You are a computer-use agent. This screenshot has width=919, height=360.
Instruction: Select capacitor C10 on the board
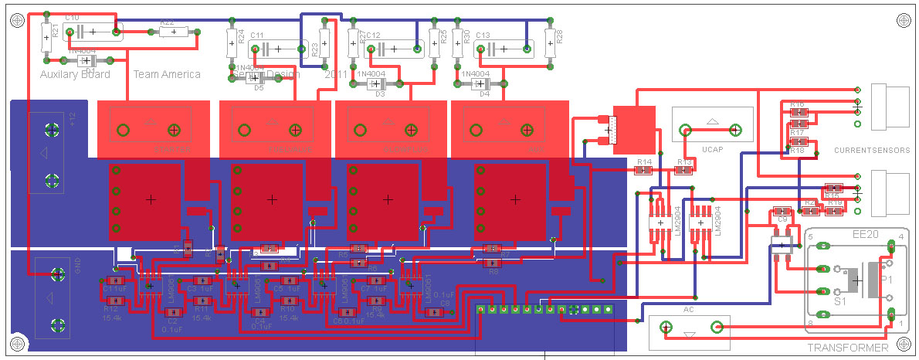pos(92,32)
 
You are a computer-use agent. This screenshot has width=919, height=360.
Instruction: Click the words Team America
pos(167,74)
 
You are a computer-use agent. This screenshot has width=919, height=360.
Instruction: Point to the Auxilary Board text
pos(75,74)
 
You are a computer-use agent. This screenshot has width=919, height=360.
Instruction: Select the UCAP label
pos(712,147)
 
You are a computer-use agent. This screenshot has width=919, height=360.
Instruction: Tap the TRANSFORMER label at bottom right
pos(847,349)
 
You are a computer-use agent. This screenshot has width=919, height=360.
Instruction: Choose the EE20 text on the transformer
pos(864,233)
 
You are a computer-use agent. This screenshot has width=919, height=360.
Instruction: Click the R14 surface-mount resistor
pos(643,170)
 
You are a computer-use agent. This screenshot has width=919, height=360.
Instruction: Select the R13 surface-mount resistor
pos(683,170)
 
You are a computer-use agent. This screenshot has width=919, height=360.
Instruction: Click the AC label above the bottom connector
pos(689,310)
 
